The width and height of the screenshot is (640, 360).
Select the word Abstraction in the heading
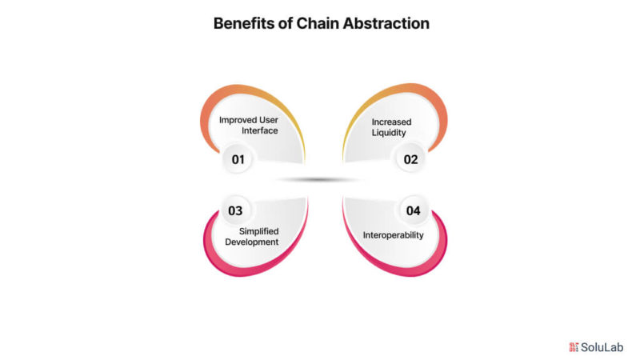(386, 24)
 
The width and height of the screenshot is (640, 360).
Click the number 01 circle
(238, 159)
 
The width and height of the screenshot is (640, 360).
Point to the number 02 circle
(410, 159)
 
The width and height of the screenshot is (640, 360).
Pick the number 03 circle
(235, 210)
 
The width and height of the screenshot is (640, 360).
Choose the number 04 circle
(413, 210)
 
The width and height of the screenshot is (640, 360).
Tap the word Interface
(259, 130)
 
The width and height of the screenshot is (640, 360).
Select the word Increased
(391, 122)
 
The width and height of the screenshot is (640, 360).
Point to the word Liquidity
(389, 133)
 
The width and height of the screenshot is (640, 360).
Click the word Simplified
(258, 231)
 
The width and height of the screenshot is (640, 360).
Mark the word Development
(252, 242)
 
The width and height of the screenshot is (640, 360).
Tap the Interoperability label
(394, 235)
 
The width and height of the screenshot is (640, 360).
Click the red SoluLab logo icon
(574, 347)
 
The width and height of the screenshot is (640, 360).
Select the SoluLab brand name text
(602, 347)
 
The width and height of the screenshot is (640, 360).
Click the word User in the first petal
(268, 120)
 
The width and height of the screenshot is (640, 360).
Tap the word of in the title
(286, 24)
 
